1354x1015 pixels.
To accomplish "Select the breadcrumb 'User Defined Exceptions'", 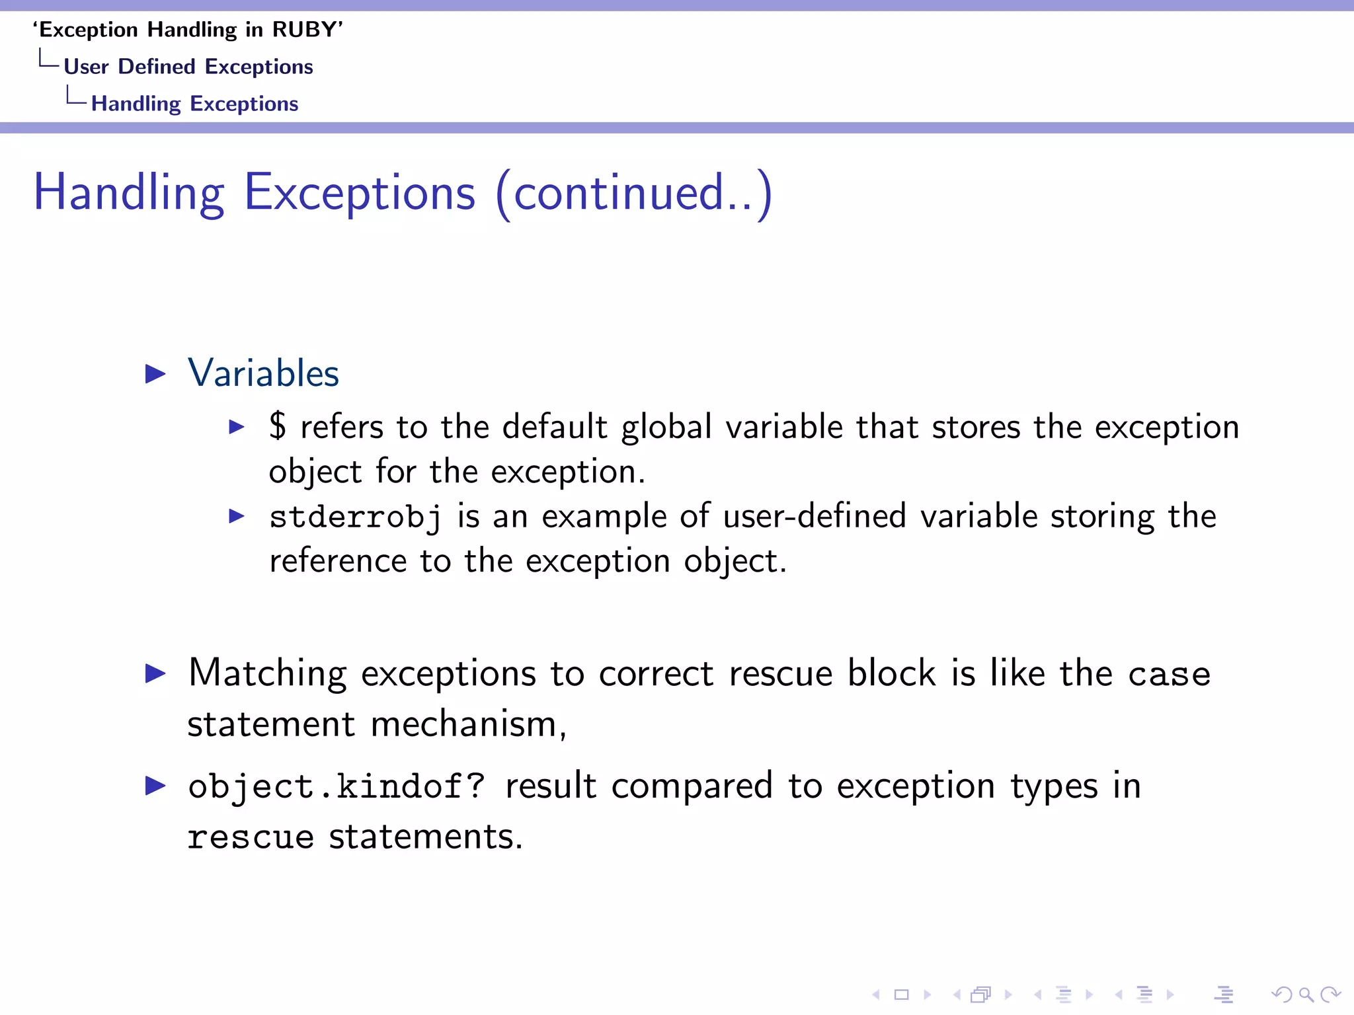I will click(188, 67).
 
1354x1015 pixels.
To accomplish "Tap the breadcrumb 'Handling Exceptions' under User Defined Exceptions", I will click(194, 104).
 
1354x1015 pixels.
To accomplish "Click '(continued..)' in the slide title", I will click(633, 193).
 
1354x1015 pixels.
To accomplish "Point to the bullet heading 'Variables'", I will click(263, 373).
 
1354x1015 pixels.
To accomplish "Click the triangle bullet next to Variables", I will click(155, 374).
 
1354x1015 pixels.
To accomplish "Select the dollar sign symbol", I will click(278, 426).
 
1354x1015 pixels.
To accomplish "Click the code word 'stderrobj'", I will click(355, 517).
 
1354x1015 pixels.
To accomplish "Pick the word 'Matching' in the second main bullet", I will click(267, 674).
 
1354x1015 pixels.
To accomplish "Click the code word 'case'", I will click(1169, 675).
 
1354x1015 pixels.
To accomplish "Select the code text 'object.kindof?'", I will click(337, 786).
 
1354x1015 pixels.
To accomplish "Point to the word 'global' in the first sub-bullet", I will click(666, 427).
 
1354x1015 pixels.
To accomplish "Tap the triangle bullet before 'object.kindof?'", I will click(155, 786).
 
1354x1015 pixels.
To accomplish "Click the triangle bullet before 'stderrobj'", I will click(237, 516).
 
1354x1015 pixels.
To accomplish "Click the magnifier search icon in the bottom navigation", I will click(1306, 994).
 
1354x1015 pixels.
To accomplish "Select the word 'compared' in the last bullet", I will click(692, 786).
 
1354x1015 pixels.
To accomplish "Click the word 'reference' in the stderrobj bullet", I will click(338, 561).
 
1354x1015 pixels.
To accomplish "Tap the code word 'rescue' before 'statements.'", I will click(251, 837).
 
